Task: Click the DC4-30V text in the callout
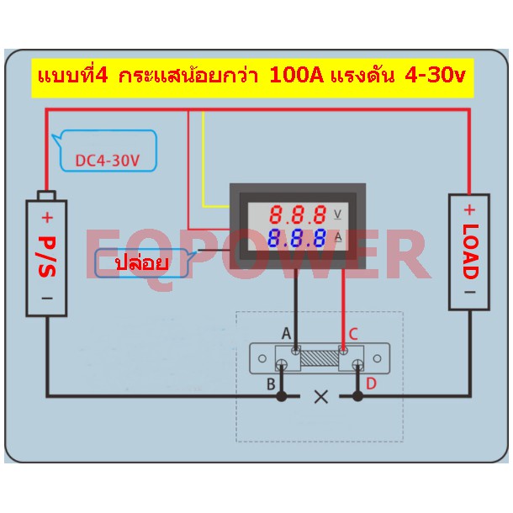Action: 108,161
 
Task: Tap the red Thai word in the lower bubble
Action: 141,263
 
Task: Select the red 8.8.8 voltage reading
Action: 298,214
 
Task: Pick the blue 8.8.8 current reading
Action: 297,238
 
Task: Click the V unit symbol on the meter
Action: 337,214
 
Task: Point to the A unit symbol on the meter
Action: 338,237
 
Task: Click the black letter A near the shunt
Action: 286,334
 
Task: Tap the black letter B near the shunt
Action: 271,384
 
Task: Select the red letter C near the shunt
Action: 353,334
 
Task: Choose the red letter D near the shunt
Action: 371,383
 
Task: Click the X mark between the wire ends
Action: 320,397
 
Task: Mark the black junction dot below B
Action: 282,396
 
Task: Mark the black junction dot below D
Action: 357,396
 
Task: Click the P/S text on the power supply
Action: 47,256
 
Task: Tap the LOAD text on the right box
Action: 470,251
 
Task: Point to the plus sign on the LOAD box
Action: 469,209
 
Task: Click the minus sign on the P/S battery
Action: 47,298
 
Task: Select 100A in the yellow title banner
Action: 296,76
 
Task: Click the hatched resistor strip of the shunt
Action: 320,358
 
